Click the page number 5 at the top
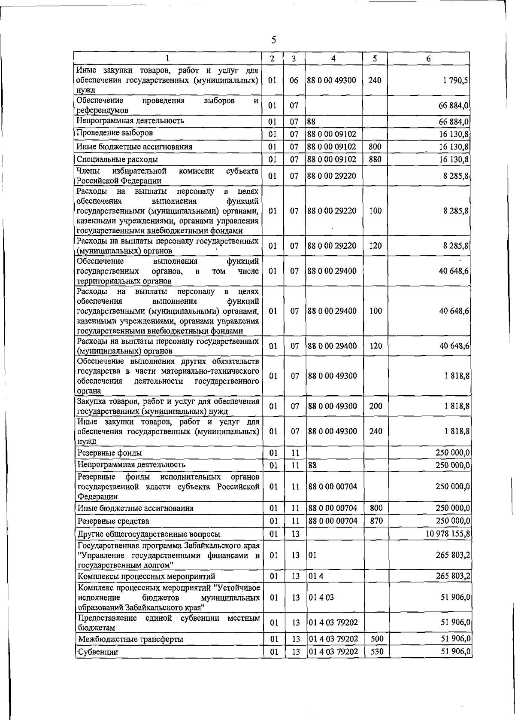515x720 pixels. [273, 40]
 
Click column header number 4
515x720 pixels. [333, 59]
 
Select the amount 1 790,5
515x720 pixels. [456, 80]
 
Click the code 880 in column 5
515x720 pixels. [375, 159]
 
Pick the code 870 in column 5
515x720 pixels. [376, 521]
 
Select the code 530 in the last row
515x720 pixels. [376, 664]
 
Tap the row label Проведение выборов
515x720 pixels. [115, 133]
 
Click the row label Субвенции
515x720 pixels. [98, 664]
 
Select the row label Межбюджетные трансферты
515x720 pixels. [131, 651]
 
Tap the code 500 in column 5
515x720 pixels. [376, 651]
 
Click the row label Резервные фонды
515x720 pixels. [109, 453]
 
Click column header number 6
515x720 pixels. [428, 59]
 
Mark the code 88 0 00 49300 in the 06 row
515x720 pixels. [332, 80]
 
